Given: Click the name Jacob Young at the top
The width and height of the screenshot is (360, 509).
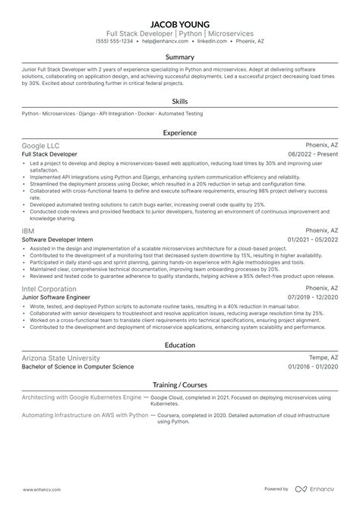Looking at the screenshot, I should [x=180, y=23].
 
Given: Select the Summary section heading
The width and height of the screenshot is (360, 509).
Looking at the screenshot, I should [x=180, y=56].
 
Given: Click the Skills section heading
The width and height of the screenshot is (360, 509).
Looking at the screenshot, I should [x=180, y=99].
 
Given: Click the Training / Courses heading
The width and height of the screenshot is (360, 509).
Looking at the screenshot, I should [x=180, y=386].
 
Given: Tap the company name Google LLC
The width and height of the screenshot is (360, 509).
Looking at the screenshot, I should [x=41, y=144].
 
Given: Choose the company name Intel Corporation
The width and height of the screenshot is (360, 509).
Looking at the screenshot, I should [x=49, y=289].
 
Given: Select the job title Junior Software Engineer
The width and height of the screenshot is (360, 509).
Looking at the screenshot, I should [x=55, y=299].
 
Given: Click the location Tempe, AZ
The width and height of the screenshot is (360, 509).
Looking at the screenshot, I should [x=321, y=357].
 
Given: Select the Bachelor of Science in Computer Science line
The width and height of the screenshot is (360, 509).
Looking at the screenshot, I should [x=77, y=367].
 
